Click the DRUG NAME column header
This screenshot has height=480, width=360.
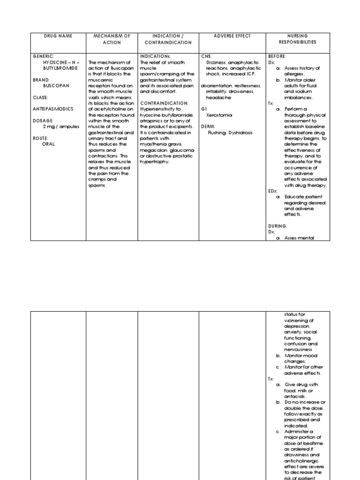[x=58, y=36]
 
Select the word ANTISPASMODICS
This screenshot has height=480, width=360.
[x=53, y=109]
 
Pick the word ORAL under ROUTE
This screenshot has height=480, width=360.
[x=49, y=144]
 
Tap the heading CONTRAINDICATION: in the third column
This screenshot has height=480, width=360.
[x=164, y=103]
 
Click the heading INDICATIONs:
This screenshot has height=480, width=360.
[x=157, y=56]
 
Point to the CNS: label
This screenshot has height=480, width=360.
[x=207, y=56]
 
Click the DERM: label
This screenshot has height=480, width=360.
[x=209, y=127]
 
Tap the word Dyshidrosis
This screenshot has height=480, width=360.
[x=240, y=133]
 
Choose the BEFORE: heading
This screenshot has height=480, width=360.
[x=277, y=56]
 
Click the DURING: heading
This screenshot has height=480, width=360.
[x=277, y=226]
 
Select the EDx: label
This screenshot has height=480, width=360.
[x=273, y=191]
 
